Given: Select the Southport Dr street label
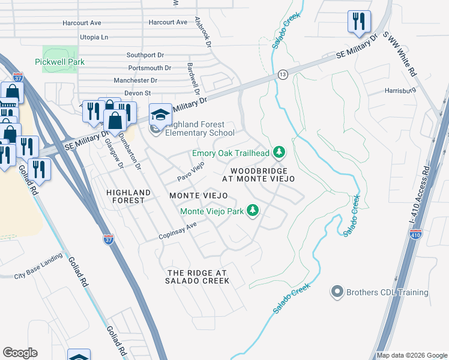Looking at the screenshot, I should pyautogui.click(x=145, y=55).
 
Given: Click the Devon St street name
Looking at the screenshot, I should pyautogui.click(x=137, y=93).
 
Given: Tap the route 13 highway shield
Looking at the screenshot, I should pyautogui.click(x=282, y=74).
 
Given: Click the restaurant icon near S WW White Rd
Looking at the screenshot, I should pyautogui.click(x=358, y=22).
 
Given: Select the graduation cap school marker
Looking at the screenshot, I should pyautogui.click(x=160, y=114).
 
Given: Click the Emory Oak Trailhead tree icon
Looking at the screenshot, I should pyautogui.click(x=279, y=153).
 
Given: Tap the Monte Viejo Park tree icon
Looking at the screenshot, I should pyautogui.click(x=253, y=211).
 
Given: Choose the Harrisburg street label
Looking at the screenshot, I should pyautogui.click(x=400, y=91).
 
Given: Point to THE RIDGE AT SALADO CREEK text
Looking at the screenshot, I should pyautogui.click(x=197, y=276).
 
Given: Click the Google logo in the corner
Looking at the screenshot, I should pyautogui.click(x=20, y=353).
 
